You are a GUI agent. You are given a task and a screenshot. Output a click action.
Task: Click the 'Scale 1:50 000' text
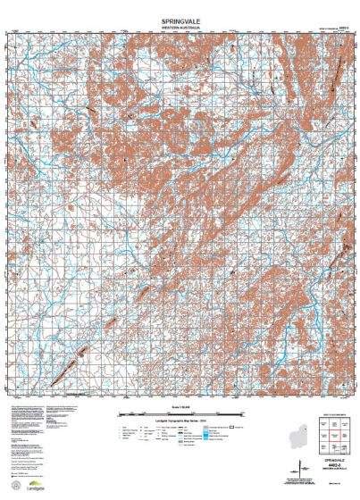tap(180, 412)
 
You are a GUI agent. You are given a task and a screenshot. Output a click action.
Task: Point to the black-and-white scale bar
tap(180, 418)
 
